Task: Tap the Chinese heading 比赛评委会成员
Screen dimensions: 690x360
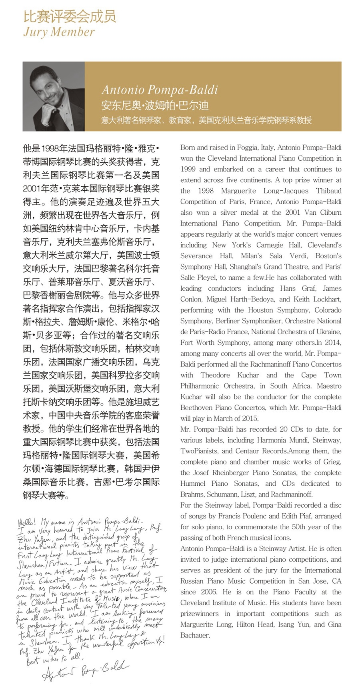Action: [70, 16]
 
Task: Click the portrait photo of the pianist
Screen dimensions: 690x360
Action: [54, 96]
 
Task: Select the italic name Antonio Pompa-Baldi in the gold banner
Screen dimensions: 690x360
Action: [160, 90]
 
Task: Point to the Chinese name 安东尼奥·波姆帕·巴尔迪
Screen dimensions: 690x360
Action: [155, 106]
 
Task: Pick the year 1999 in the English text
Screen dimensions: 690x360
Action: [189, 169]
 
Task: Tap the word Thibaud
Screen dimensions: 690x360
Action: [328, 191]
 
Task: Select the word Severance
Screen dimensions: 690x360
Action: [196, 256]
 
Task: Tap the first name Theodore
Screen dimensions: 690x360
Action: [215, 375]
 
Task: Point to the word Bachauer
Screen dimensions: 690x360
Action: [195, 635]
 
